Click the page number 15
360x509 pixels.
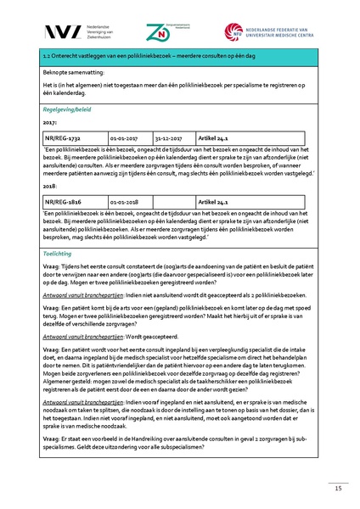[338, 488]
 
